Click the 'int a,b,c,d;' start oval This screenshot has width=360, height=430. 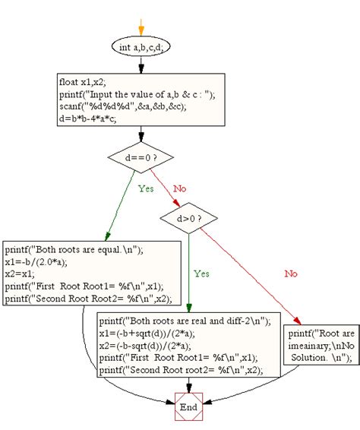(x=141, y=47)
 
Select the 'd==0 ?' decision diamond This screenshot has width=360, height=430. (x=141, y=159)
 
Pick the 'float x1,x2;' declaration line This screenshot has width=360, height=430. (x=83, y=82)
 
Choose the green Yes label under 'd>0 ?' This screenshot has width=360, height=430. (x=201, y=273)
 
